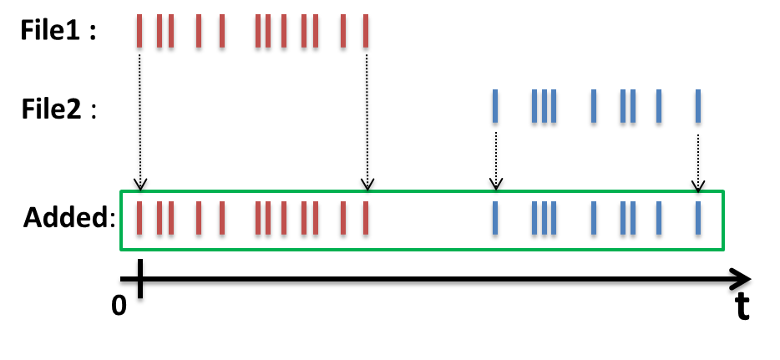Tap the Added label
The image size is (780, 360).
(66, 219)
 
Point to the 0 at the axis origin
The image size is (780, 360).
(119, 306)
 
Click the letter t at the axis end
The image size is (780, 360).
(742, 308)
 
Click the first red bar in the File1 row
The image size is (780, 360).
(139, 33)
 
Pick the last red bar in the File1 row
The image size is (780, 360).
(365, 33)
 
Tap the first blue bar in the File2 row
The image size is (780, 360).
(494, 109)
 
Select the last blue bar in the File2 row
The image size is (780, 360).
(697, 109)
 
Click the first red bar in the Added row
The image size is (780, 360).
(139, 220)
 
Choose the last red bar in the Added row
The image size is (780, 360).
(365, 220)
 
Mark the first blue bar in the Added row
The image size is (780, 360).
(494, 220)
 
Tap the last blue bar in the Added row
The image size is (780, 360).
(697, 220)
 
